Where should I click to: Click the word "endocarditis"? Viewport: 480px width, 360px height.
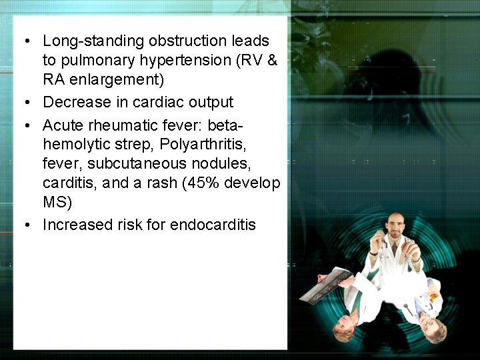(213, 225)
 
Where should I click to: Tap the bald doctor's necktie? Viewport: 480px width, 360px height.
(395, 249)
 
